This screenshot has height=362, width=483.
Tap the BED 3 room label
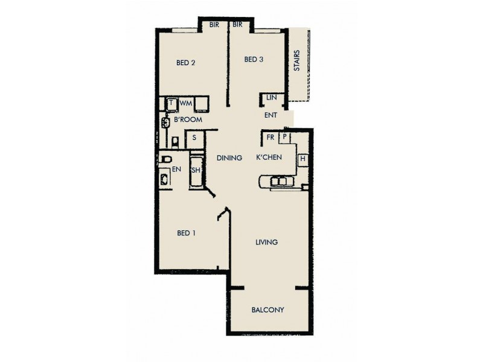point(254,59)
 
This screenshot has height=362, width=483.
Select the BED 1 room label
point(187,233)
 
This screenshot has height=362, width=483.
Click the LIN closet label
point(271,97)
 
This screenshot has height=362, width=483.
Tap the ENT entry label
point(270,115)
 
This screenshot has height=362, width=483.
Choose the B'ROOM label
point(188,120)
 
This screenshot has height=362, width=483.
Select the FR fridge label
point(271,138)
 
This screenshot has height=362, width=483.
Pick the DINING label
point(229,158)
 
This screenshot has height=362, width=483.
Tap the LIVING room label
point(266,243)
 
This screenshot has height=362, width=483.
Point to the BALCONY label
point(267,310)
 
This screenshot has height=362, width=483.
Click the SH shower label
point(196,171)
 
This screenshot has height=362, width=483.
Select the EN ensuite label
point(176,170)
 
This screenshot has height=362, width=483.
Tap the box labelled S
point(194,138)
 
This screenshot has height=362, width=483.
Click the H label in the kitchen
point(303,159)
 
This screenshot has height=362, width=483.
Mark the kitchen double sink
point(279,180)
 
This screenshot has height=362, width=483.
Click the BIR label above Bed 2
point(214,25)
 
